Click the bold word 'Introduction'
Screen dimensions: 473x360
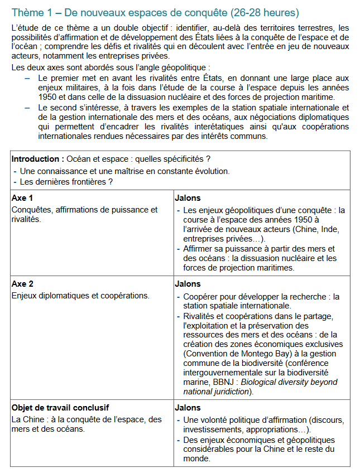[35, 159]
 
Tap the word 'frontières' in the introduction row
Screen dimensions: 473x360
[85, 181]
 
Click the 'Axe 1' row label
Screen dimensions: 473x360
[22, 198]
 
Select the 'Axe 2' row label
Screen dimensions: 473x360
[22, 284]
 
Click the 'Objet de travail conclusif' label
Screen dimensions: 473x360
[60, 408]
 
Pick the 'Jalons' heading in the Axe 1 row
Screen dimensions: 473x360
[188, 198]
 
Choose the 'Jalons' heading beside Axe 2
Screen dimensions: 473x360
[188, 284]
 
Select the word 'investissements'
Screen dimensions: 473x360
[212, 430]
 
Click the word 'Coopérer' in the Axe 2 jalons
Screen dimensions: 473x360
[200, 296]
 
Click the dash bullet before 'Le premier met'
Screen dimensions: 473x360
[27, 79]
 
